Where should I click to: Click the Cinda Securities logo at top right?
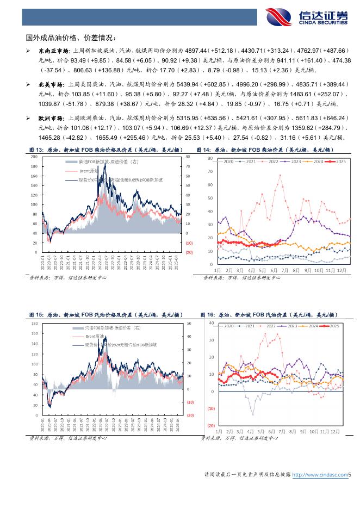coord(307,16)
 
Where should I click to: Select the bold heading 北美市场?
coord(48,85)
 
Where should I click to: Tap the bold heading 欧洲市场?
coord(48,119)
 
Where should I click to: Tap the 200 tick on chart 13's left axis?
coord(34,157)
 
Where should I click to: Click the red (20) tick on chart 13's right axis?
coord(189,252)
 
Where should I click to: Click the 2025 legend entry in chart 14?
coord(340,162)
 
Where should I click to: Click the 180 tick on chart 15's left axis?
coord(34,324)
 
